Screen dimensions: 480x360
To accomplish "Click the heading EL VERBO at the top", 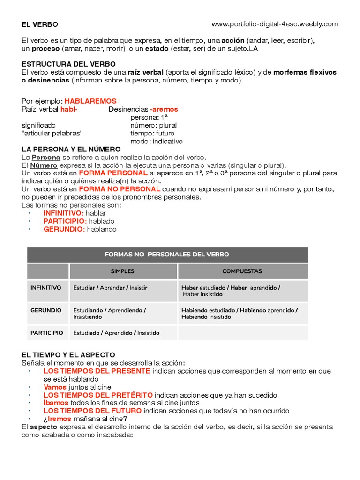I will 40,24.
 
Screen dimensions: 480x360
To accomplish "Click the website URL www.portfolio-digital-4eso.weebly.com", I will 275,24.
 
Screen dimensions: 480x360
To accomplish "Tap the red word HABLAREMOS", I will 90,101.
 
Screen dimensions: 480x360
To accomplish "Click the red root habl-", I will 69,109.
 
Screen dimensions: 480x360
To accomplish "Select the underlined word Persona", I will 46,157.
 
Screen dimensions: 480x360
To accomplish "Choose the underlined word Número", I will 44,165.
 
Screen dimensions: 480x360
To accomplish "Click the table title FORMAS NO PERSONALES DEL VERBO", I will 167,255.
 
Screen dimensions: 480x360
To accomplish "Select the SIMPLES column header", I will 122,271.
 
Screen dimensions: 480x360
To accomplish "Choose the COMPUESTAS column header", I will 242,271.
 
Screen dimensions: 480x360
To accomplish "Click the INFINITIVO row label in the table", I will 46,288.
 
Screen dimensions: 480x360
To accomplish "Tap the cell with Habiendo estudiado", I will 239,314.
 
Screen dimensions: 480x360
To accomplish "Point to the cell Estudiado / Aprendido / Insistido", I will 116,333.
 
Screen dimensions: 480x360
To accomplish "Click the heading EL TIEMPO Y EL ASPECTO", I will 68,355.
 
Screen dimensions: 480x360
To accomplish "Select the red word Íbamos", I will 56,403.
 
